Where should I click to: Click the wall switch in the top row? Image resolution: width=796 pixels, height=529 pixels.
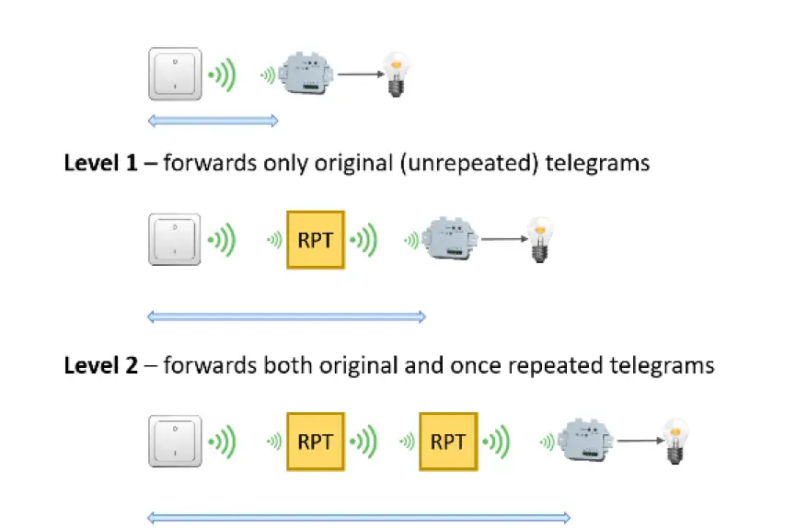coord(176,74)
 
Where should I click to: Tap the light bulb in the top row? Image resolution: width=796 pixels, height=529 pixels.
coord(398,73)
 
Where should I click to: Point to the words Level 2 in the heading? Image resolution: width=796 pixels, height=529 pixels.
coord(96,365)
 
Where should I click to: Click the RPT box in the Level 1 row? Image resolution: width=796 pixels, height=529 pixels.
coord(316,240)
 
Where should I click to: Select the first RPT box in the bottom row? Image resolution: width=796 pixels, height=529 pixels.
coord(316,442)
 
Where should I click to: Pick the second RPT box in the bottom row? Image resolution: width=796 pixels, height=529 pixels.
coord(448,442)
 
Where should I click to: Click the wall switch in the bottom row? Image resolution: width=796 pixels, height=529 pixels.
coord(176,441)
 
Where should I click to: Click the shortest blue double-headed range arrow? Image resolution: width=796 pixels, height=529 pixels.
coord(213,120)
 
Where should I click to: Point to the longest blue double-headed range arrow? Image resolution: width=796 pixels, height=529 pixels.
coord(359,518)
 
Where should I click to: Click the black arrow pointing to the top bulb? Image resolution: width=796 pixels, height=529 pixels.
coord(361,75)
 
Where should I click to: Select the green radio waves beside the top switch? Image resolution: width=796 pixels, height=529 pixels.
coord(222,74)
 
